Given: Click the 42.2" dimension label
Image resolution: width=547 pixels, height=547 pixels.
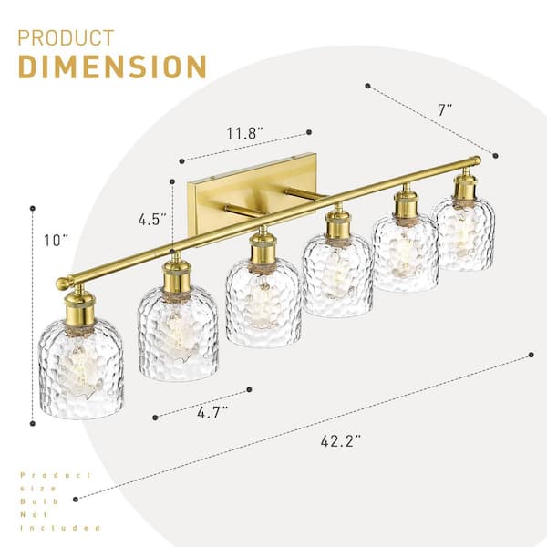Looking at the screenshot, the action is [340, 441].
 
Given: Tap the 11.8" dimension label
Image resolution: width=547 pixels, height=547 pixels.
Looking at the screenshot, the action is [245, 133].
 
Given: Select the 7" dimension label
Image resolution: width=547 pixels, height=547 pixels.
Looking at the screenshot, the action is [445, 109].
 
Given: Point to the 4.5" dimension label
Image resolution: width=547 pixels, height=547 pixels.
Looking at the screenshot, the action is [152, 220].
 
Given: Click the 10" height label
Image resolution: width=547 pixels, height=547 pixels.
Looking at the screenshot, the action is [56, 241].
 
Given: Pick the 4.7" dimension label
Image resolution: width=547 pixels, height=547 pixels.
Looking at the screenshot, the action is [212, 413].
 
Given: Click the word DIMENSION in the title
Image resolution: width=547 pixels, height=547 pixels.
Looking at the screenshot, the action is [112, 67].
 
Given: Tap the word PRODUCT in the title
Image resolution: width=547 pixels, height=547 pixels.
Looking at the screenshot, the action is [66, 38].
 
